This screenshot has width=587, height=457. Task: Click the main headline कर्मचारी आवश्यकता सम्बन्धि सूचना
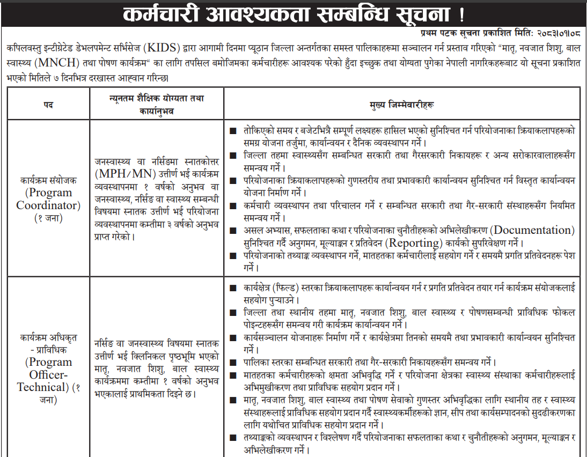click(294, 13)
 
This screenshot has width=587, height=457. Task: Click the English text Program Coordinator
click(48, 199)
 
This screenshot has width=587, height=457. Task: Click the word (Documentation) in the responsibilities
click(534, 230)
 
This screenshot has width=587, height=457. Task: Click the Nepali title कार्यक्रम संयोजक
click(48, 181)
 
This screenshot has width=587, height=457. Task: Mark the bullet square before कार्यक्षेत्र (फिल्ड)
click(232, 288)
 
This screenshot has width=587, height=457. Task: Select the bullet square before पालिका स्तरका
click(232, 362)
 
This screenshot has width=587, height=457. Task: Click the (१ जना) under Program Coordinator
click(48, 218)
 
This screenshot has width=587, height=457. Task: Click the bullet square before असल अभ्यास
click(232, 231)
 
